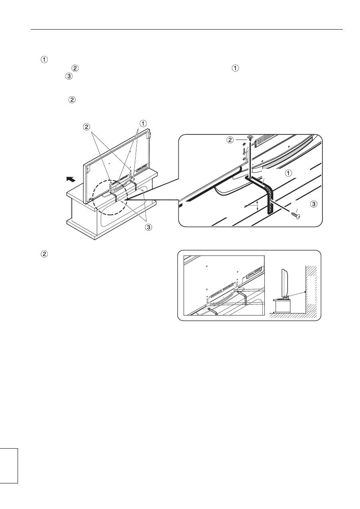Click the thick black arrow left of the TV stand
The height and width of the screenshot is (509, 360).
point(71,179)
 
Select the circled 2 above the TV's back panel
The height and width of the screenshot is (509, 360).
point(86,127)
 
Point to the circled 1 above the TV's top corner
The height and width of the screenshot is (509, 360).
point(143,124)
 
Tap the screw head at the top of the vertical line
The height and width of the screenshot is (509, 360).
point(250,137)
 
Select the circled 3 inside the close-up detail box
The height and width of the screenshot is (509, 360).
point(314,204)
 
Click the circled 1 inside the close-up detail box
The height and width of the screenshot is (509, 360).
point(288,173)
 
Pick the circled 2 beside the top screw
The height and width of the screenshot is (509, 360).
point(230,140)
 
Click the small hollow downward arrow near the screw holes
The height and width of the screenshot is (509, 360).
point(244,151)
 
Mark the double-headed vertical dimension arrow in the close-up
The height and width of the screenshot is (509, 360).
point(257,206)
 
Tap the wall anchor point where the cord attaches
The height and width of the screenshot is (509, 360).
point(305,292)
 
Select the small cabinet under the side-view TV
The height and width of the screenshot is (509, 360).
point(282,306)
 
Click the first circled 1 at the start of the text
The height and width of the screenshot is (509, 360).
point(44,60)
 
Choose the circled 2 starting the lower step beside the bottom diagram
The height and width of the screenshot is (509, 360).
point(44,254)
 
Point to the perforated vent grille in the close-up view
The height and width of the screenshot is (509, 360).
point(265,140)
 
